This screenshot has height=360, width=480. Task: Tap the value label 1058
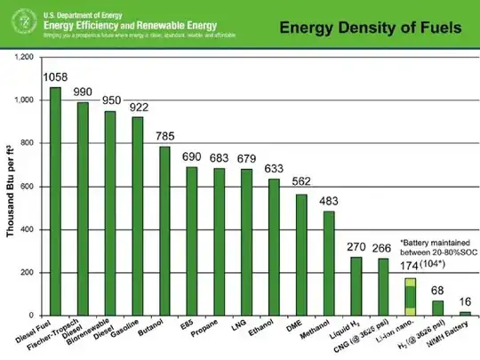click(55, 77)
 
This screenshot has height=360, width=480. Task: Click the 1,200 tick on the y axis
click(23, 58)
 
